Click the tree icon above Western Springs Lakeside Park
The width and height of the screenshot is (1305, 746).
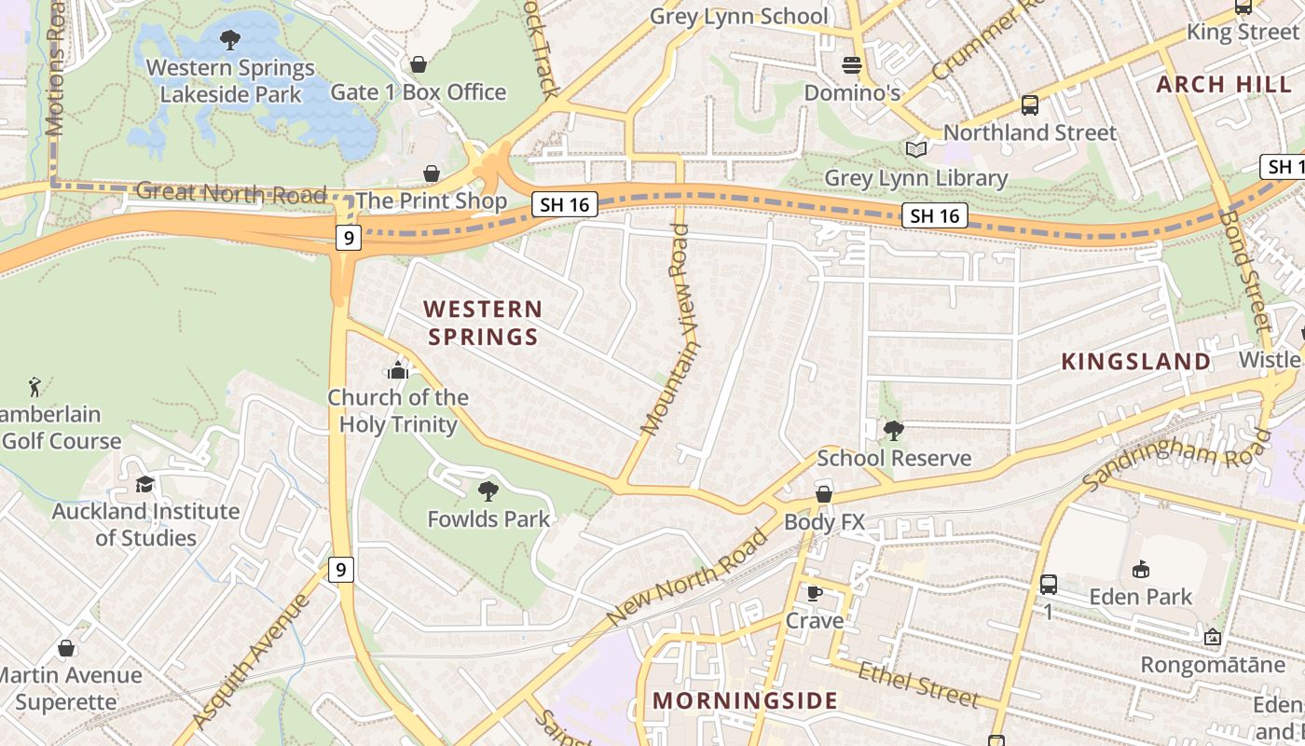tap(229, 40)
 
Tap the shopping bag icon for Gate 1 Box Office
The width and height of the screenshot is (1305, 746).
tap(419, 64)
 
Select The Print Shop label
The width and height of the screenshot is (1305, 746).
tap(431, 200)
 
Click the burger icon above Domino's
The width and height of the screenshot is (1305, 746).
tap(851, 64)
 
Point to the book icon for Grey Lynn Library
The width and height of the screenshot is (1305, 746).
tap(916, 149)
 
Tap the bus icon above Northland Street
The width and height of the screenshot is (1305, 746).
tap(1029, 105)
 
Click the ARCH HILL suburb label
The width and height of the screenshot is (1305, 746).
tap(1216, 85)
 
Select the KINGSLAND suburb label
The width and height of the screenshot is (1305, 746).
tap(1136, 362)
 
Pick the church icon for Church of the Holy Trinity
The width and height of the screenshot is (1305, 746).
tap(398, 370)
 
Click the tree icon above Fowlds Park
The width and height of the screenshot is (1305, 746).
tap(488, 491)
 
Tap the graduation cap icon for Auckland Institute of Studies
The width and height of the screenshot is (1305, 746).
tap(144, 484)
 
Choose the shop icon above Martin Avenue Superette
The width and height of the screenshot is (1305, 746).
tap(65, 647)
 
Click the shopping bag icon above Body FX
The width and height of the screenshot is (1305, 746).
tap(823, 494)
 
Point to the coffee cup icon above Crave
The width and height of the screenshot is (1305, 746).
tap(814, 593)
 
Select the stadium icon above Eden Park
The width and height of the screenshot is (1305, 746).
tap(1140, 569)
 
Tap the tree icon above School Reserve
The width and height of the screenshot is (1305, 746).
tap(893, 430)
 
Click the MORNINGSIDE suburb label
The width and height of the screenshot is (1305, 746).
tap(744, 701)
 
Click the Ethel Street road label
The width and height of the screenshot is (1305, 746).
tap(918, 685)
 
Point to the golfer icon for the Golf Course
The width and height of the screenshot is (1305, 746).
tap(35, 385)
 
